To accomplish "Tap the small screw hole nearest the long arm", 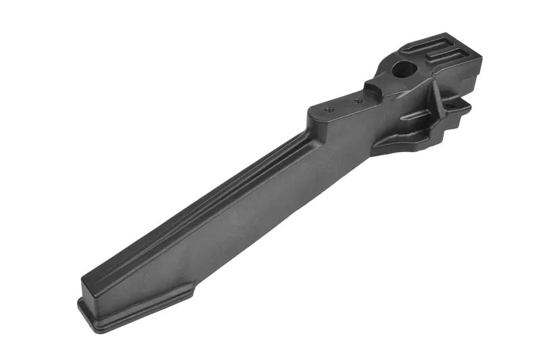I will (329, 108).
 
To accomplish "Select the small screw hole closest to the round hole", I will (358, 101).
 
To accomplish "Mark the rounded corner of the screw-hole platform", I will (312, 112).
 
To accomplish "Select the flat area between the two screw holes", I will (344, 105).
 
